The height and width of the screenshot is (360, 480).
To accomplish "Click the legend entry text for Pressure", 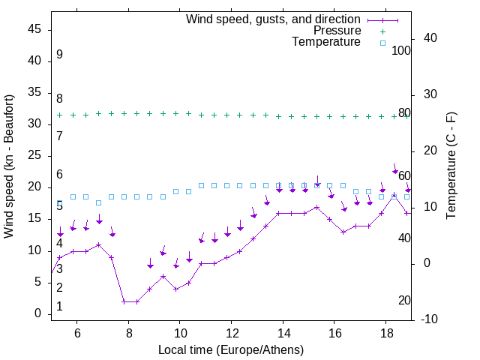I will click(337, 31).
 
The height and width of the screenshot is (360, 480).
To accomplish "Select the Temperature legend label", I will click(326, 43).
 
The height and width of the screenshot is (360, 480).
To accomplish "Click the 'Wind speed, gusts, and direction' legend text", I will click(274, 19).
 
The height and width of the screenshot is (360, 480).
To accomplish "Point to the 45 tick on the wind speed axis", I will click(35, 29).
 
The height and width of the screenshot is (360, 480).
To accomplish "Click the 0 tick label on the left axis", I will click(39, 314).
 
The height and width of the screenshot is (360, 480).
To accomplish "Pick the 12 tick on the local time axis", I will click(232, 333).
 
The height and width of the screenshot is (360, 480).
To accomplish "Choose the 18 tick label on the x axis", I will click(385, 333).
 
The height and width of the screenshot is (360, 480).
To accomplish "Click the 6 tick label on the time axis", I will click(77, 333).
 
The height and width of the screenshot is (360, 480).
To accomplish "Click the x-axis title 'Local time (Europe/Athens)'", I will click(231, 349).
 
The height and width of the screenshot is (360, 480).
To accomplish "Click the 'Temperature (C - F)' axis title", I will click(451, 166).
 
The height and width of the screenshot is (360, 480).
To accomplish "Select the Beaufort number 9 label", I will click(59, 55).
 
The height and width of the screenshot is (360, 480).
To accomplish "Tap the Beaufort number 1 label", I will click(59, 307).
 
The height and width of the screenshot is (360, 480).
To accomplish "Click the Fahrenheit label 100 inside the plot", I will click(401, 51).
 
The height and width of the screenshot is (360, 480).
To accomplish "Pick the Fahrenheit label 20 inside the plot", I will click(404, 301).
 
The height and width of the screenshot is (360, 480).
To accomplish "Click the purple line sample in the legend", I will click(382, 19).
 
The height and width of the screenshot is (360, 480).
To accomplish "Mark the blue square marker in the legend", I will click(382, 43).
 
